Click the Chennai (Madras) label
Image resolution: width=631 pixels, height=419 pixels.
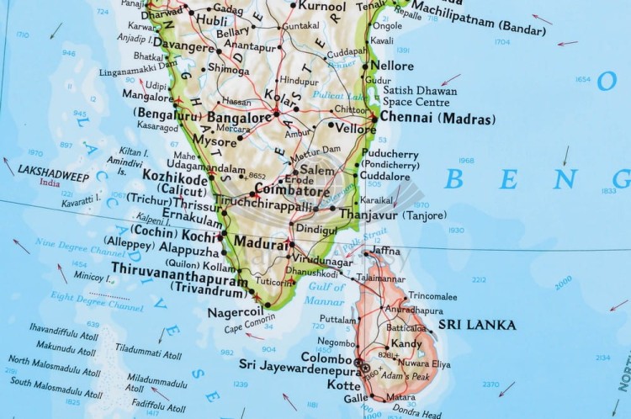pos(437,118)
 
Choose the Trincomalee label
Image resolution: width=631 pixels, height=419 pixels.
pos(432,296)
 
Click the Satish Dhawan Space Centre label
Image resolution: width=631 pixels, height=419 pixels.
pos(416,96)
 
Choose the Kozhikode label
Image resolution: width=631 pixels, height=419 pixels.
pos(174,178)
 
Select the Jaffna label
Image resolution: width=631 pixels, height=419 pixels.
pos(385,251)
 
